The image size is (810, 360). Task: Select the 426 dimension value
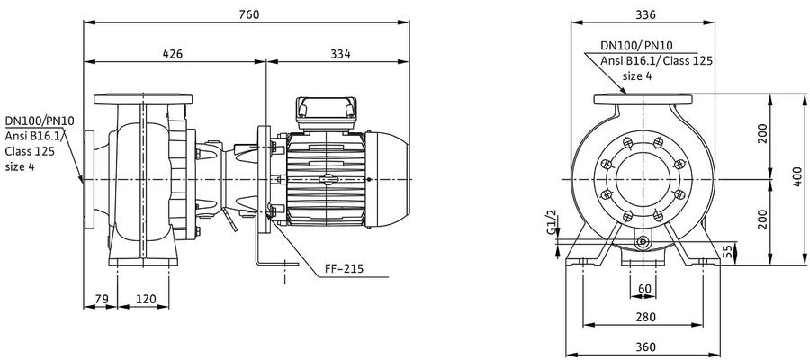[x=173, y=54]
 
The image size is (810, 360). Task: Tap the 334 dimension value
[x=340, y=54]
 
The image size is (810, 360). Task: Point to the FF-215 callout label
[x=344, y=268]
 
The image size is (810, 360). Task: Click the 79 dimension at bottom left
[x=100, y=299]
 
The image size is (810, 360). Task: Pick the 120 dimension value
[x=146, y=299]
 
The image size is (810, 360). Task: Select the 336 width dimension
[x=645, y=14]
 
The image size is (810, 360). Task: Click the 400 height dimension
[x=798, y=176]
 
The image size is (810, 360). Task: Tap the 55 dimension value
[x=727, y=251]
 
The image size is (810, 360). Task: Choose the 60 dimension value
[x=644, y=289]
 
